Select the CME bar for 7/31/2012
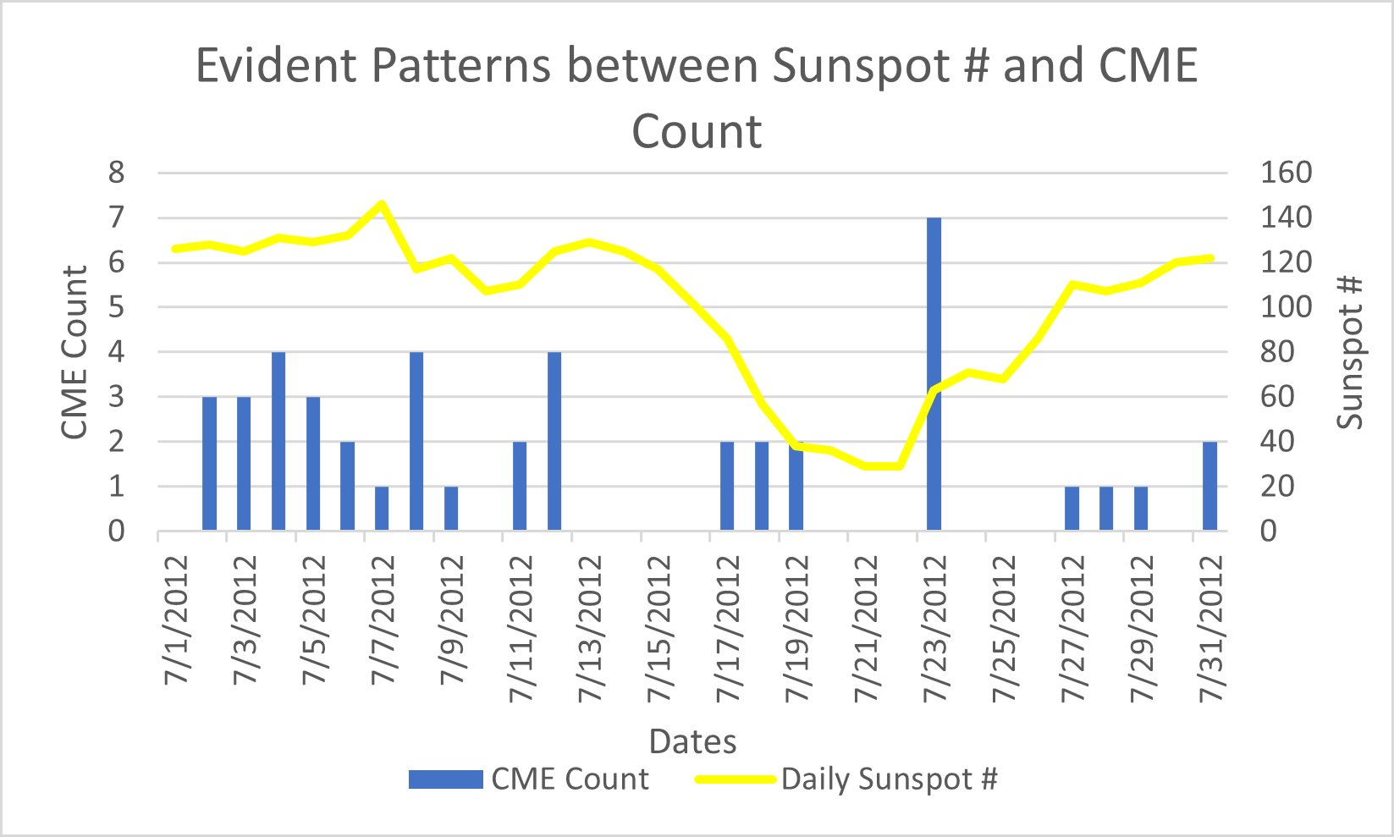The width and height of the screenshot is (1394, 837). tap(1209, 487)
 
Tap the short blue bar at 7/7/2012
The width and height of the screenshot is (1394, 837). tap(382, 509)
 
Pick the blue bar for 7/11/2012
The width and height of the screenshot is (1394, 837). tap(520, 487)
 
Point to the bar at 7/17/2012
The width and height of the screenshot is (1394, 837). tap(727, 487)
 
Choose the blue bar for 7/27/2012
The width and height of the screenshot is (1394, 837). tap(1072, 509)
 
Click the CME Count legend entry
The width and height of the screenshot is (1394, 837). tap(528, 779)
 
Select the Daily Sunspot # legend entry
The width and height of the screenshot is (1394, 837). tap(846, 779)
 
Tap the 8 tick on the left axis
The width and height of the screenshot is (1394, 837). tap(116, 173)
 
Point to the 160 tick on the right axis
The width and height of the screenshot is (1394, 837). tap(1286, 173)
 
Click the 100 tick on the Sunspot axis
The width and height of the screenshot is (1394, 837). tap(1286, 307)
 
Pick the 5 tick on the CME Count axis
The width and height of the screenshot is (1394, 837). tap(116, 307)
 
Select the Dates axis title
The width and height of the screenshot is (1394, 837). tap(692, 741)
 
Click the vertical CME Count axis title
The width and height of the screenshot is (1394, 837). tap(74, 352)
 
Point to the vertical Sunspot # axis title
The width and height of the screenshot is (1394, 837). tap(1351, 352)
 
